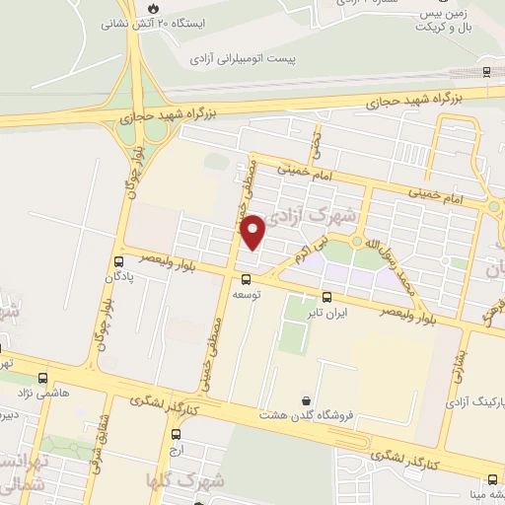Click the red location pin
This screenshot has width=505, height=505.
coord(254,231)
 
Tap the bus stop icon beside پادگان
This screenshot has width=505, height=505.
coord(119,261)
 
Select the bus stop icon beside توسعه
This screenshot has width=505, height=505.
coord(247,279)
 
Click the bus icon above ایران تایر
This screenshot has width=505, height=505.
coord(326,297)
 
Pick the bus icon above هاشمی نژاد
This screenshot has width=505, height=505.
coord(41,378)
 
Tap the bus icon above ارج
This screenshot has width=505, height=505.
coord(176,433)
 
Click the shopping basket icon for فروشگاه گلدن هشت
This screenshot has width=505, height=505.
coord(307,400)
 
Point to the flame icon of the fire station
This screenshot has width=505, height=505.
coord(152,8)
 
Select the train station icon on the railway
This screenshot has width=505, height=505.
coord(486,71)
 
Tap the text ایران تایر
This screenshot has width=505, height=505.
coord(327,313)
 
